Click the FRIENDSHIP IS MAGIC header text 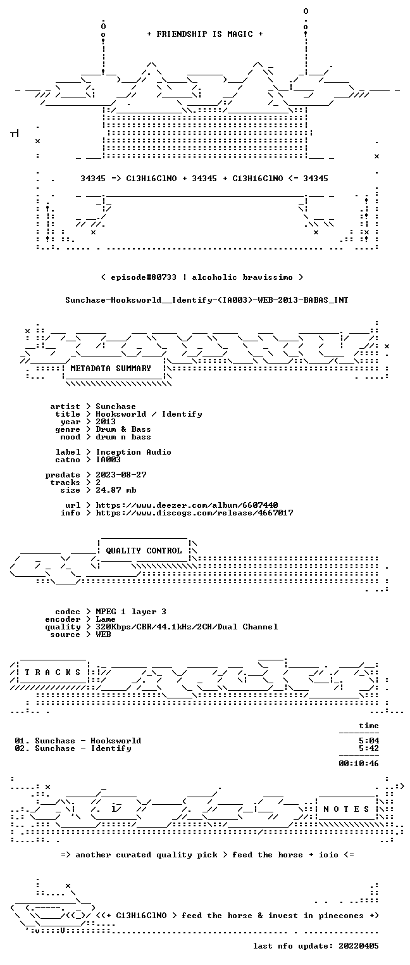pos(205,34)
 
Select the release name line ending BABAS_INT pos(207,300)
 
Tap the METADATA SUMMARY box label pos(111,369)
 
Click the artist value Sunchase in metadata pos(115,407)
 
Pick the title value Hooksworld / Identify pos(149,414)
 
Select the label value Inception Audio pos(134,452)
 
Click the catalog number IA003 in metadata pos(108,459)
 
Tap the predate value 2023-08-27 pos(121,475)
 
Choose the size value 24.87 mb pos(116,490)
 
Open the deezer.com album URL pos(187,505)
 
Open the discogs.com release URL pos(194,513)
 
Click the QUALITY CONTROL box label pos(144,550)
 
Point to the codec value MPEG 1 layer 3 pos(131,612)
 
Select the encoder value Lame pos(106,619)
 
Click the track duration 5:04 pos(369,741)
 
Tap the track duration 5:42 pos(369,748)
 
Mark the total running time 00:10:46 pos(359,764)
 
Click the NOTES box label pos(346,809)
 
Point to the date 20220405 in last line pos(359,946)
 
